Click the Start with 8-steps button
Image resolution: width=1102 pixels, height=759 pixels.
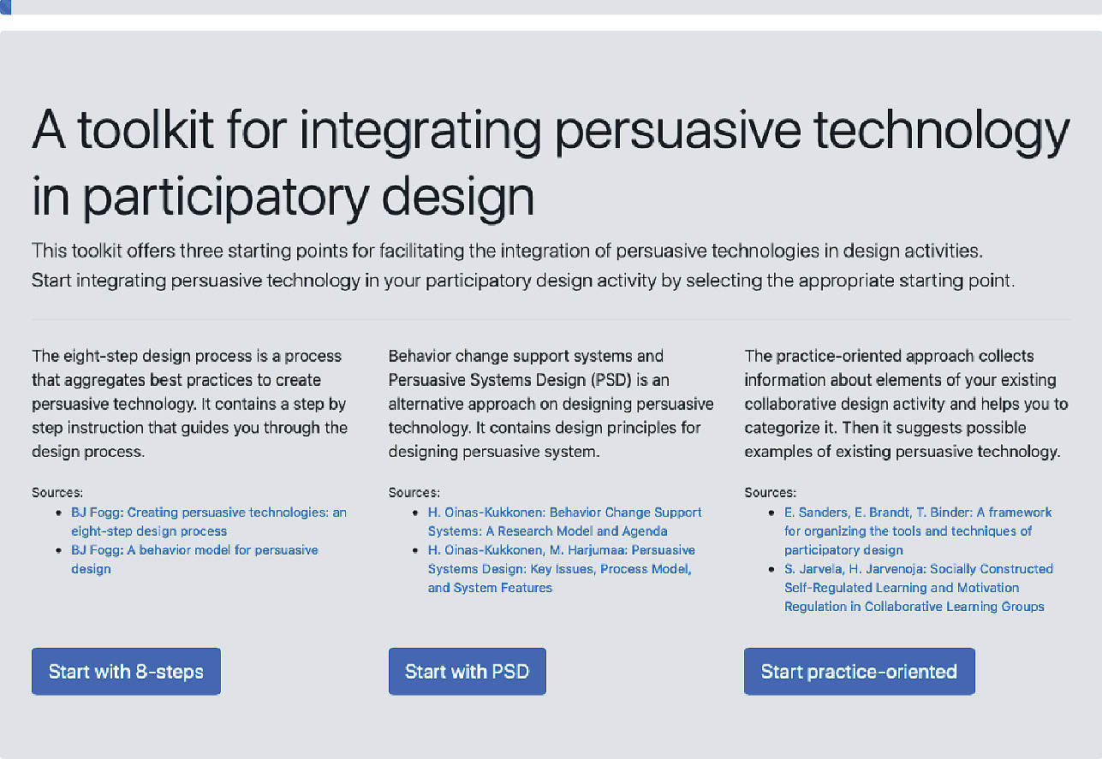coord(126,671)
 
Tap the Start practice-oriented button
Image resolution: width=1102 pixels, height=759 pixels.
coord(859,671)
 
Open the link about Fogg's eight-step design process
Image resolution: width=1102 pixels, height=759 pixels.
coord(209,522)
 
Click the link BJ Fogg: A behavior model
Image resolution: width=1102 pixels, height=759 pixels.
coord(195,560)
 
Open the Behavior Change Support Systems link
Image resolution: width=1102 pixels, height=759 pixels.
coord(565,522)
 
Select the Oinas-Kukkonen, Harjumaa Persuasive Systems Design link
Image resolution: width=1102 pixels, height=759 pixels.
coord(562,569)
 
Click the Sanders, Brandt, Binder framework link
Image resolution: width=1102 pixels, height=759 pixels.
coord(918,531)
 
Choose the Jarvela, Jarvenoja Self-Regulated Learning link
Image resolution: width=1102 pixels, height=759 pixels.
coord(919,588)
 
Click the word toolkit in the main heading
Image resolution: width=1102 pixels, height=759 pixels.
coord(146,129)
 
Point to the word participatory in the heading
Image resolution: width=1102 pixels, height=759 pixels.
coord(226,198)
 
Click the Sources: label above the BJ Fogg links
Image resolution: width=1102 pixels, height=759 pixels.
coord(57,492)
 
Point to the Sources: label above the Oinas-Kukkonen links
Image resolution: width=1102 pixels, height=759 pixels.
coord(414,492)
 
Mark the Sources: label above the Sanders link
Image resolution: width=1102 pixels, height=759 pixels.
coord(771,492)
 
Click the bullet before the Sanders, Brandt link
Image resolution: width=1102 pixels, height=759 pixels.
coord(771,513)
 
